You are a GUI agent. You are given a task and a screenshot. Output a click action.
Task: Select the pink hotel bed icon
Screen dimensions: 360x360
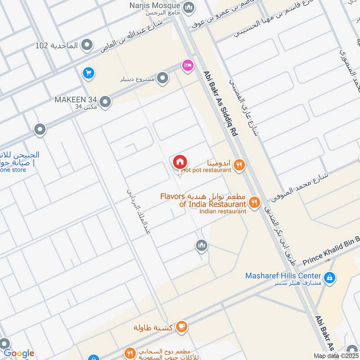coord(188,66)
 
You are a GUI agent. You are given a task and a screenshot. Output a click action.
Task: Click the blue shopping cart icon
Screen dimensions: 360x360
coord(88,72)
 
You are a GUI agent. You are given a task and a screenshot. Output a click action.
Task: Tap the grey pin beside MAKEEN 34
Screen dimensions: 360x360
coord(105,102)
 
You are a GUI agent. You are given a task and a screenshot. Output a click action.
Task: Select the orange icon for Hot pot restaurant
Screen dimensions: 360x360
coord(239,165)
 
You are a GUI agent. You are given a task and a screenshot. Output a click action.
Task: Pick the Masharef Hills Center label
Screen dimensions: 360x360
coord(283,275)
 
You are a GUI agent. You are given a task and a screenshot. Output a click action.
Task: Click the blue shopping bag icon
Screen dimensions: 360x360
coord(330,279)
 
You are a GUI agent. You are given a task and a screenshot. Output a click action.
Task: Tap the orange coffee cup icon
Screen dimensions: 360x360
coord(181,327)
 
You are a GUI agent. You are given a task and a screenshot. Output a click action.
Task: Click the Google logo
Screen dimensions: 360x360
coord(19,353)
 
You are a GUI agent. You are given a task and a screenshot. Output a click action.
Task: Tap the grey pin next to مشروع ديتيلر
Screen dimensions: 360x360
coord(163,79)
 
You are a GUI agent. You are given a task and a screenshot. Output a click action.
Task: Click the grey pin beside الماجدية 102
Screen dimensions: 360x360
coord(87,45)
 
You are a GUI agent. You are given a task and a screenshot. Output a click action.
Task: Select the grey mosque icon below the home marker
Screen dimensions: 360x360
coord(201,245)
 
